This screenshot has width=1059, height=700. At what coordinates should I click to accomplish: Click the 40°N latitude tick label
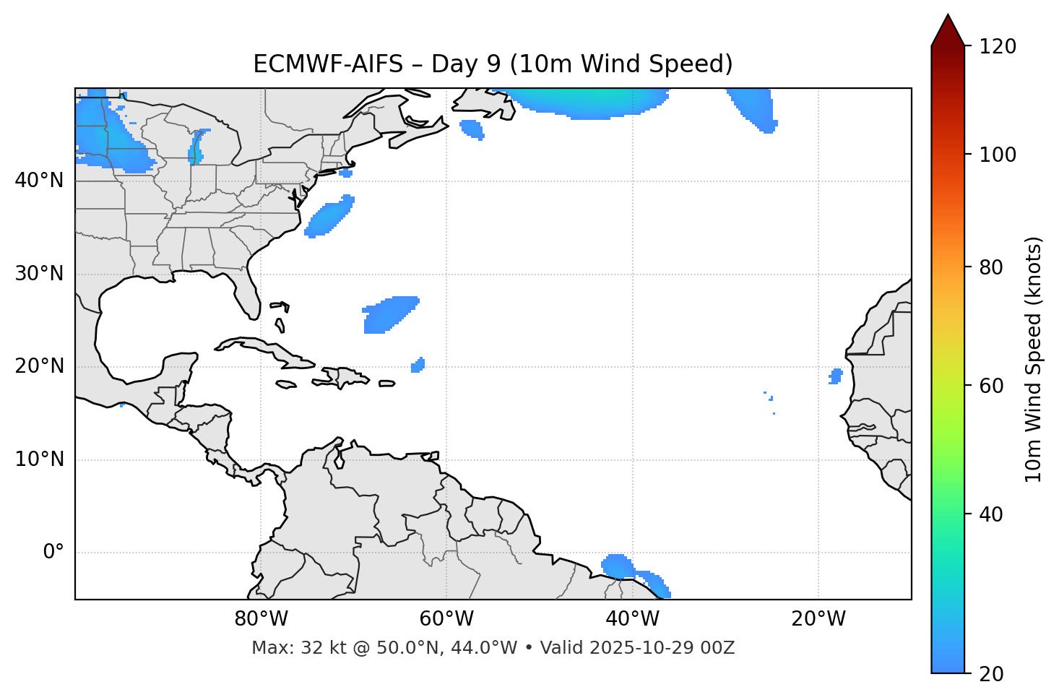pos(39,181)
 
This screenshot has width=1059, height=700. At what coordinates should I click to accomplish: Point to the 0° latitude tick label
pos(53,553)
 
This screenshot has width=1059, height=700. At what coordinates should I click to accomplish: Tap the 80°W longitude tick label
pos(261,619)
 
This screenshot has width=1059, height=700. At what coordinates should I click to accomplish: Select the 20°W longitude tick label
pos(818,619)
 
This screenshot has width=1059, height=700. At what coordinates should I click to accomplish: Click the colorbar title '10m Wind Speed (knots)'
pos(1034,359)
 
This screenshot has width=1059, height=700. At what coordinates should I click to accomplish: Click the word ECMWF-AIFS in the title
pos(328,64)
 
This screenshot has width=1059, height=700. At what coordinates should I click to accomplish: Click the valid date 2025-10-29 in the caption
pos(641,648)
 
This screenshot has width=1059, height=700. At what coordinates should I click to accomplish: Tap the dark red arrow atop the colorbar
pos(947,30)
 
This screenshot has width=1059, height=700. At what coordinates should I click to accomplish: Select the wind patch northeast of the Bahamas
pos(389,314)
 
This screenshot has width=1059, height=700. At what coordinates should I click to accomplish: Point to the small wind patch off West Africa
pos(836,376)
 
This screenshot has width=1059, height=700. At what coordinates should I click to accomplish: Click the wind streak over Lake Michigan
pos(195,147)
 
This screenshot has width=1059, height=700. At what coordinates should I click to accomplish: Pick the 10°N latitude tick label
pos(39,459)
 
